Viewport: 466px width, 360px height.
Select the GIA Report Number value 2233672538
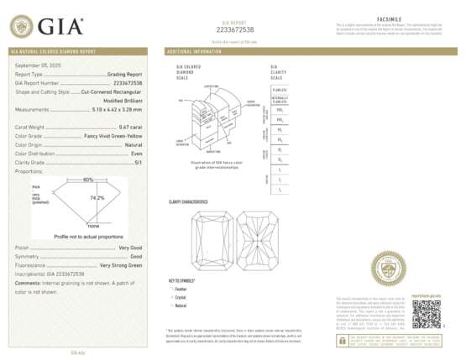click(125, 84)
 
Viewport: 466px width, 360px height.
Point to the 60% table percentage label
click(88, 180)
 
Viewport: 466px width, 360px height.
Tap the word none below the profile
click(93, 226)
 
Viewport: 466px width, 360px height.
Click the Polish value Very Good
click(130, 248)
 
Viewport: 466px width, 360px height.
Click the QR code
click(425, 313)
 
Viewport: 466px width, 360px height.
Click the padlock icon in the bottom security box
click(343, 341)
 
